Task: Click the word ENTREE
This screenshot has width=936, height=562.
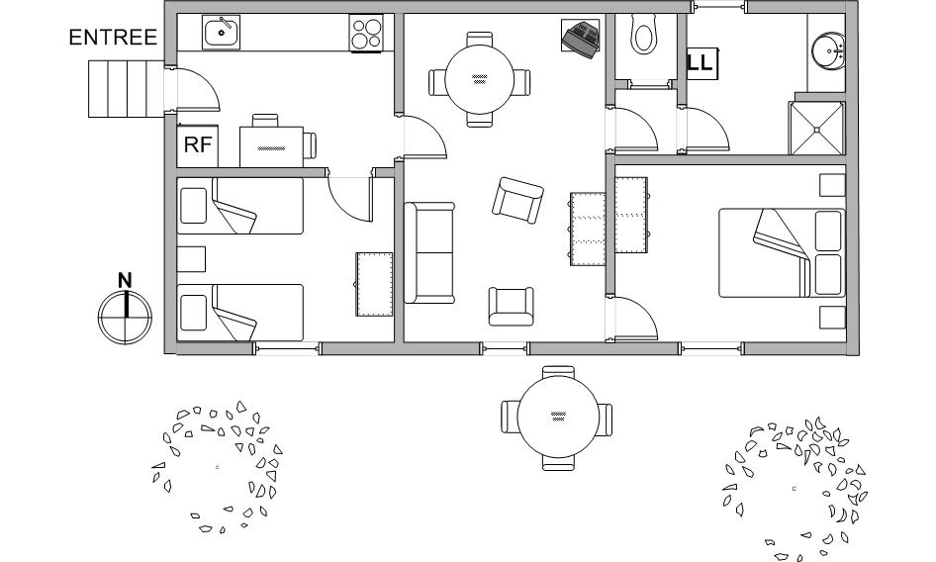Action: [113, 37]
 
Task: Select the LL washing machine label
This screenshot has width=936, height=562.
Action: [701, 62]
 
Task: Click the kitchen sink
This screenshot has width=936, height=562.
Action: [221, 33]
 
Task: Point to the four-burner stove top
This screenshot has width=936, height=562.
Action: [366, 33]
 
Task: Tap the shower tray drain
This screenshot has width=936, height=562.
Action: [816, 129]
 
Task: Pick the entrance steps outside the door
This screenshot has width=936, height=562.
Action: [126, 88]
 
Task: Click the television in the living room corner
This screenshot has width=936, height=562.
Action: [581, 39]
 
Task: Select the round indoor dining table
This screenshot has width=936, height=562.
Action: [479, 79]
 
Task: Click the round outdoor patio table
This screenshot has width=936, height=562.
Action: [558, 419]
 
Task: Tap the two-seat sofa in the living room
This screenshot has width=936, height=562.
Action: [429, 252]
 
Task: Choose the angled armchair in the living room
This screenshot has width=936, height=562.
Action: [517, 200]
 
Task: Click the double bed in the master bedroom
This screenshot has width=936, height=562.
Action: [782, 252]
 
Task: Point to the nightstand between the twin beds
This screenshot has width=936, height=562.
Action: [191, 259]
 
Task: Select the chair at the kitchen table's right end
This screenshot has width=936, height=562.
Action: [310, 145]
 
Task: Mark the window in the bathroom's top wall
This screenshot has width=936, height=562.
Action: [719, 7]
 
